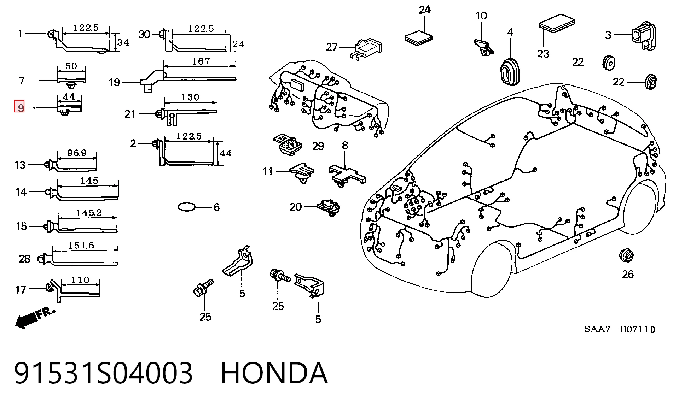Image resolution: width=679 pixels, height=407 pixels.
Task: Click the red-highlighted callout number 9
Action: point(19,107)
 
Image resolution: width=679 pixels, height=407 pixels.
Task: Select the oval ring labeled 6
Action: point(187,207)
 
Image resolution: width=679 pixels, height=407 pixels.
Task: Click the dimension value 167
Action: point(201,61)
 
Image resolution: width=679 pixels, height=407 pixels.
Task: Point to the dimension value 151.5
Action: point(81,246)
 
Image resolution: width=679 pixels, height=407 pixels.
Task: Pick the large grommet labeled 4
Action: point(510,72)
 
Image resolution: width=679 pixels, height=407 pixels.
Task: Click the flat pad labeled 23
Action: point(557,23)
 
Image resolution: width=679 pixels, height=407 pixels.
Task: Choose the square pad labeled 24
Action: point(418,37)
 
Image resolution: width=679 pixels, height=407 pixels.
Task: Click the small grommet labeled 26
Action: point(626,255)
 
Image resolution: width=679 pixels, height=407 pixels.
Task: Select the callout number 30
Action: point(144,34)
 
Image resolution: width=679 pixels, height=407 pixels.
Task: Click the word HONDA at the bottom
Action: point(274,373)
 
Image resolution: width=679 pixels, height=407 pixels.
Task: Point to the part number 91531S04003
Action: point(103,373)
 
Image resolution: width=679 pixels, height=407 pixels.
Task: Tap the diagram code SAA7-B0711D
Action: point(620,329)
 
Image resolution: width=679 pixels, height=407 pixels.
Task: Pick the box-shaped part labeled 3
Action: point(644,36)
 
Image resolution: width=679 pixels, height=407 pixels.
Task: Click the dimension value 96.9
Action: point(77,153)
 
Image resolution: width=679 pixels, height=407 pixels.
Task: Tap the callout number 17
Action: point(21,290)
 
